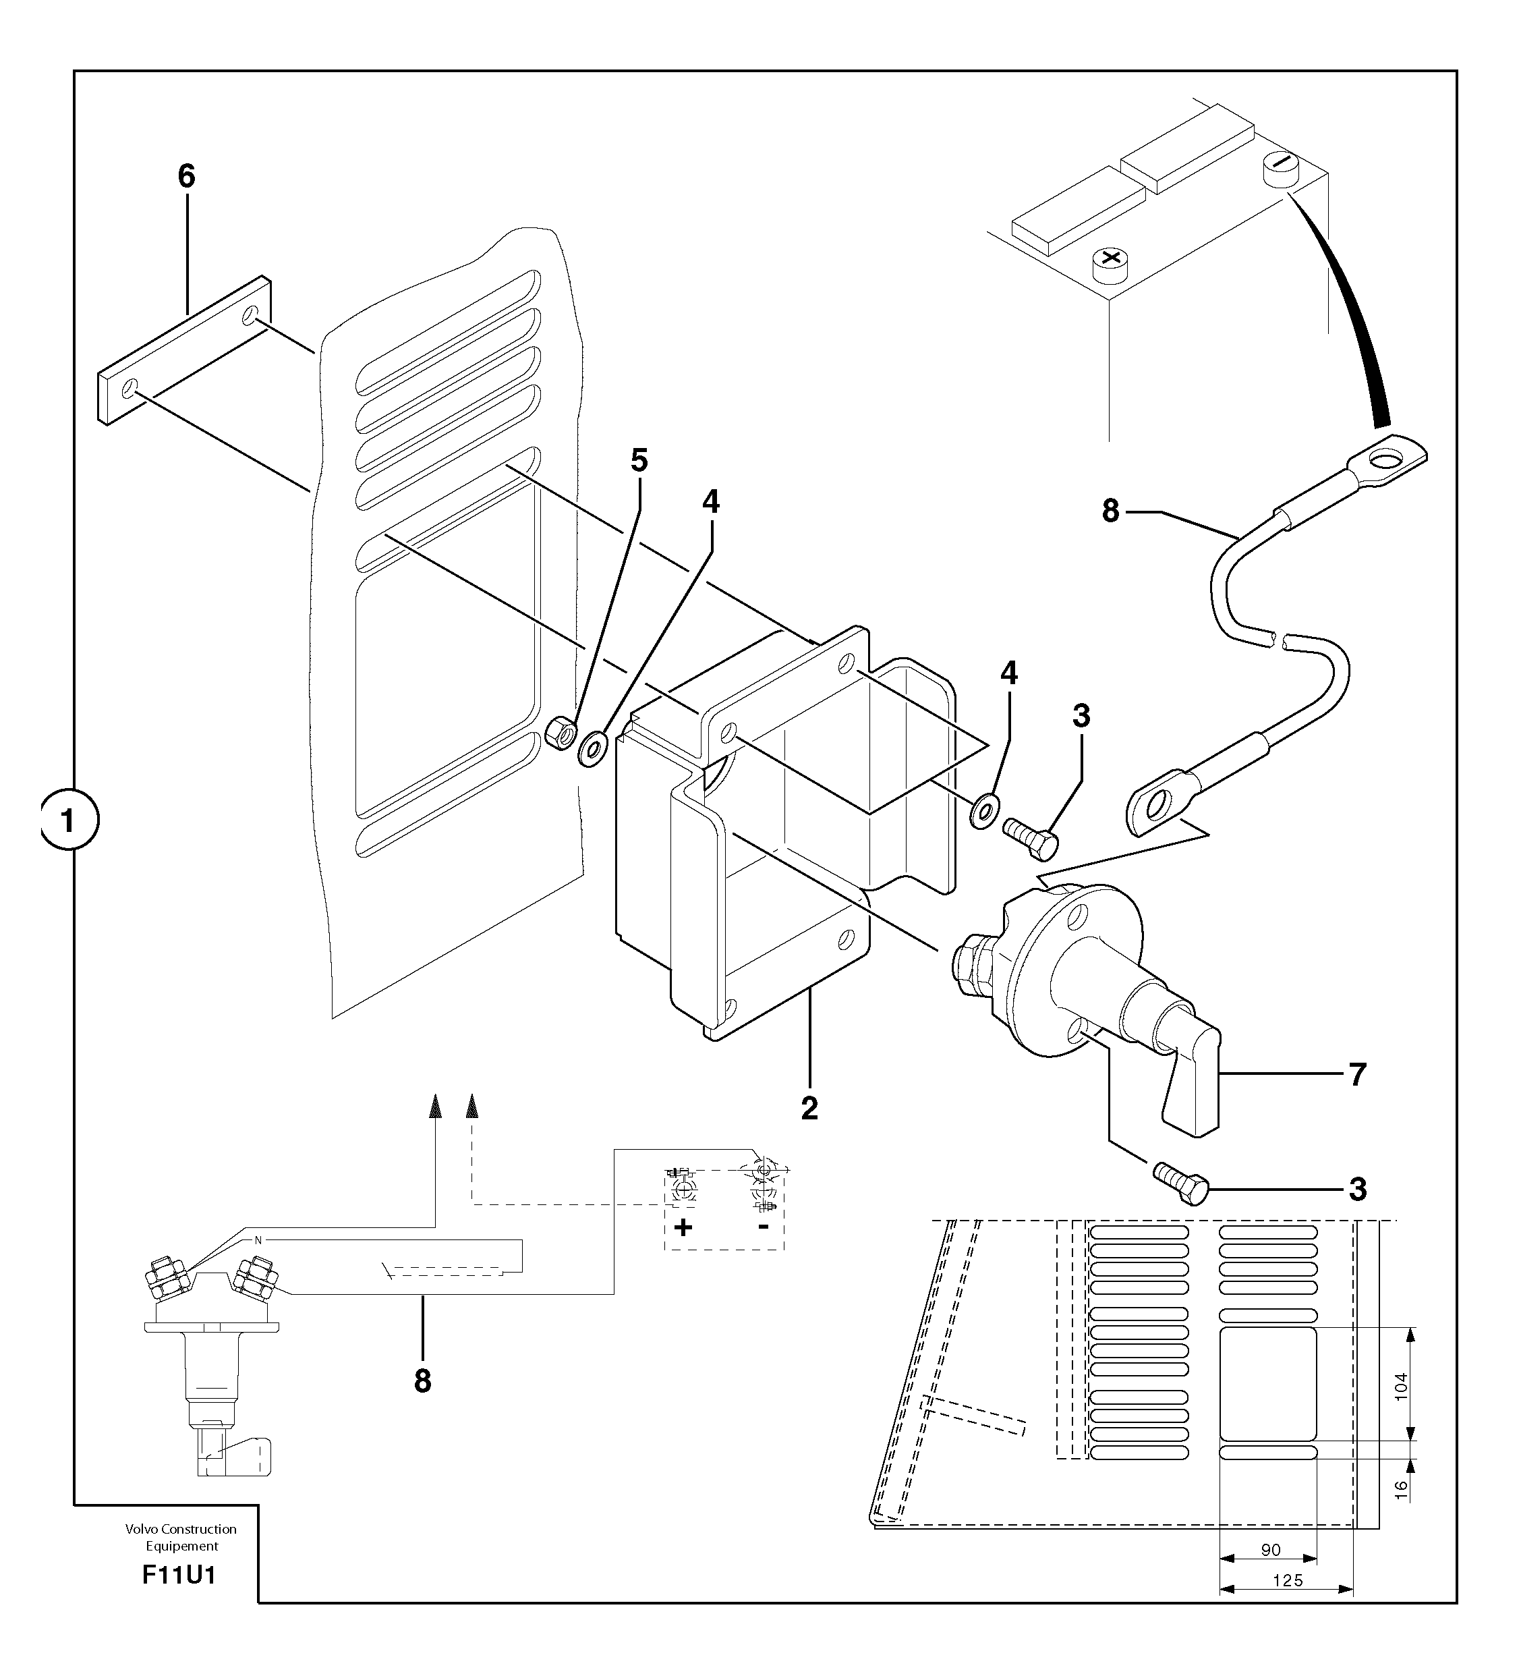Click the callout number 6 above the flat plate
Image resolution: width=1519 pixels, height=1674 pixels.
point(187,176)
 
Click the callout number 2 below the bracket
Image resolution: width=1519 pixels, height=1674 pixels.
point(809,1108)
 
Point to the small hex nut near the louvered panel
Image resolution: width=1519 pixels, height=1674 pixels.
point(561,733)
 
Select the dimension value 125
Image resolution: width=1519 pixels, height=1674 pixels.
point(1288,1580)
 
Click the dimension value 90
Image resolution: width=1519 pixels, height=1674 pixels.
point(1270,1549)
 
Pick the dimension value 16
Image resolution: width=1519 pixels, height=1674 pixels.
point(1400,1490)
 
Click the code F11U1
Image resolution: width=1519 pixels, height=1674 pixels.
point(179,1575)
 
